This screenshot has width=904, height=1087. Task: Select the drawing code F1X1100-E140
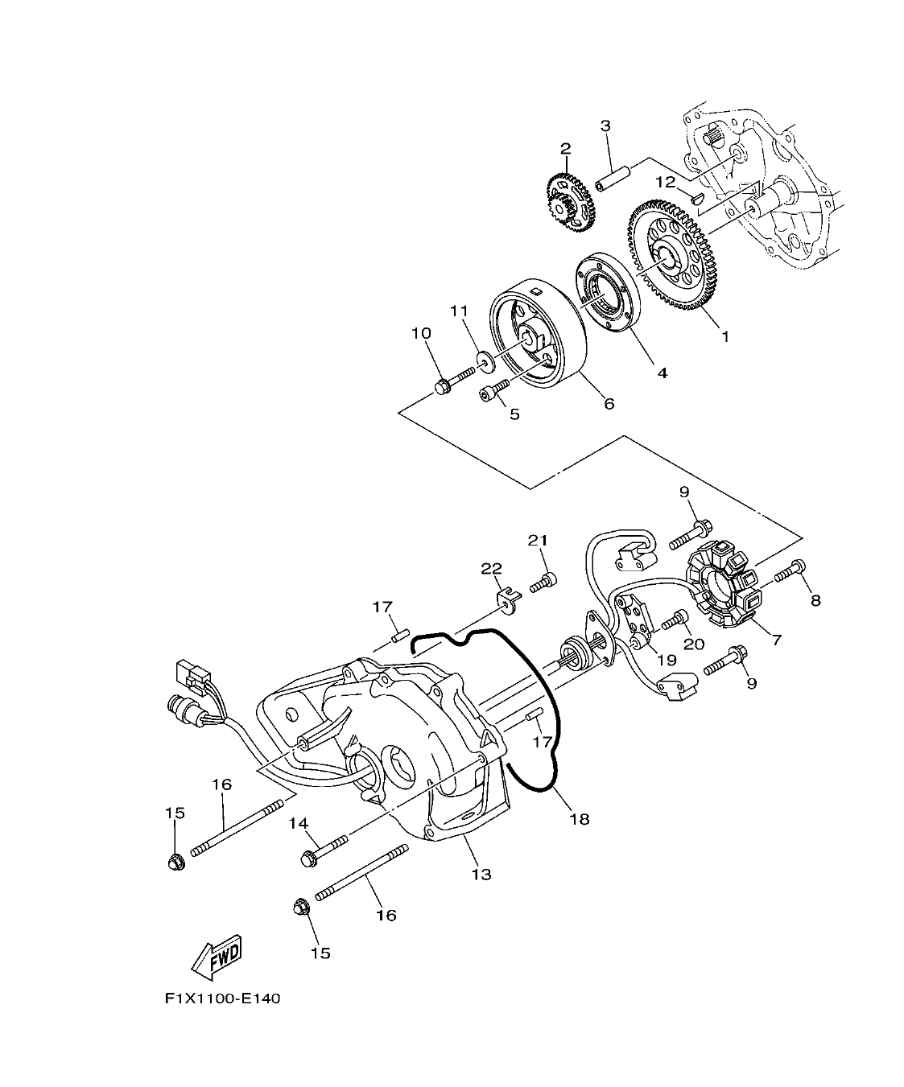tap(222, 999)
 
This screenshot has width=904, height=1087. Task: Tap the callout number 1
tap(724, 337)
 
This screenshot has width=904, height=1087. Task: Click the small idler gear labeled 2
tap(570, 200)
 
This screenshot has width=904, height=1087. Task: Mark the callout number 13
tap(481, 875)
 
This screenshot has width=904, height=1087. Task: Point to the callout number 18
tap(579, 819)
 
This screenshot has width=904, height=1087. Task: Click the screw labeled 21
tap(543, 579)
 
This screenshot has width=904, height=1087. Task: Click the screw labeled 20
tap(674, 621)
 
